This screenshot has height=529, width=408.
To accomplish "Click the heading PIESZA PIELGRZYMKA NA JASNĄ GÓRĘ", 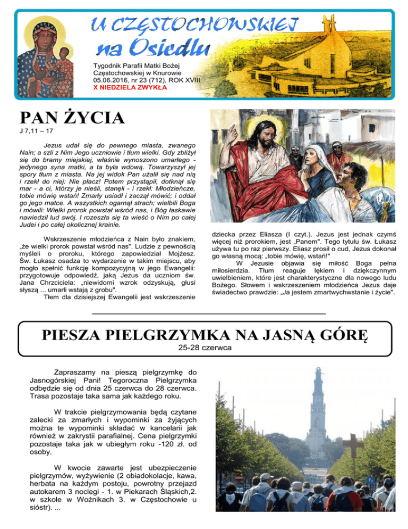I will coord(204,337).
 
